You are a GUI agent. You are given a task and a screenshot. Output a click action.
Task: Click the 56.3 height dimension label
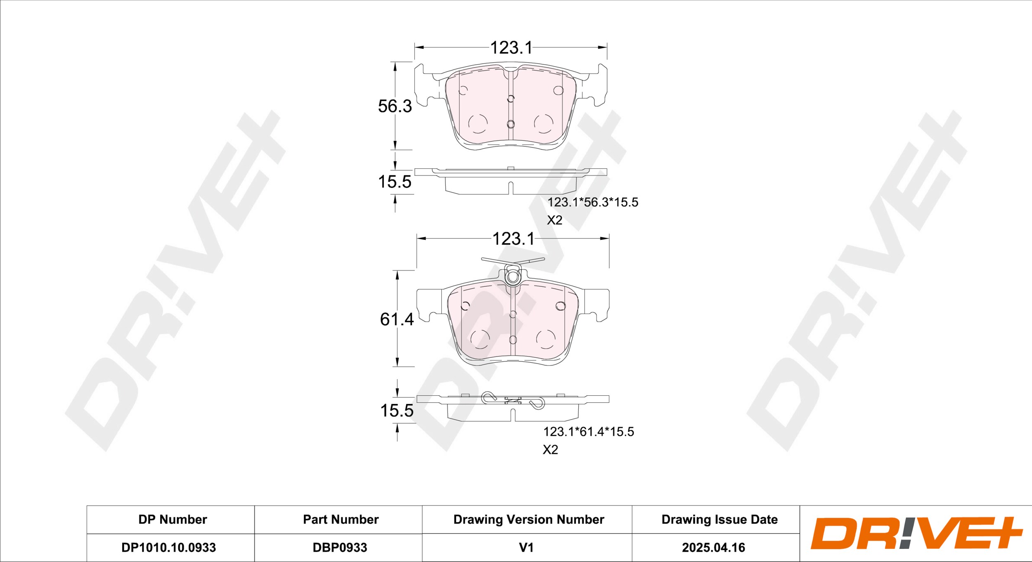(x=395, y=106)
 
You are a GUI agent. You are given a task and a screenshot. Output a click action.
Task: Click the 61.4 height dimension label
(x=397, y=319)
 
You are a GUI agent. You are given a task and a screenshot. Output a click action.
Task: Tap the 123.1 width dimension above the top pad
(x=511, y=48)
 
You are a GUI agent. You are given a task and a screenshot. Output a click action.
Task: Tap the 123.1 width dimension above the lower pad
(x=514, y=239)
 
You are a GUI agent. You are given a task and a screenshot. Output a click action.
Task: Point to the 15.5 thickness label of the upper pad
(x=395, y=182)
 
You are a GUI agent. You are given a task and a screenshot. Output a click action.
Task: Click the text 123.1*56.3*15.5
(x=593, y=202)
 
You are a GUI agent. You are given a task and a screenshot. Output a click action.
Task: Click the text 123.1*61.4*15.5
(x=589, y=432)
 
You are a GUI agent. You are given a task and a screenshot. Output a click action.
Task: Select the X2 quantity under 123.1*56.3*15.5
(x=555, y=220)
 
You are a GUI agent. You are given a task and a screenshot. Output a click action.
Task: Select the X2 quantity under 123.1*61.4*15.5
(x=550, y=450)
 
